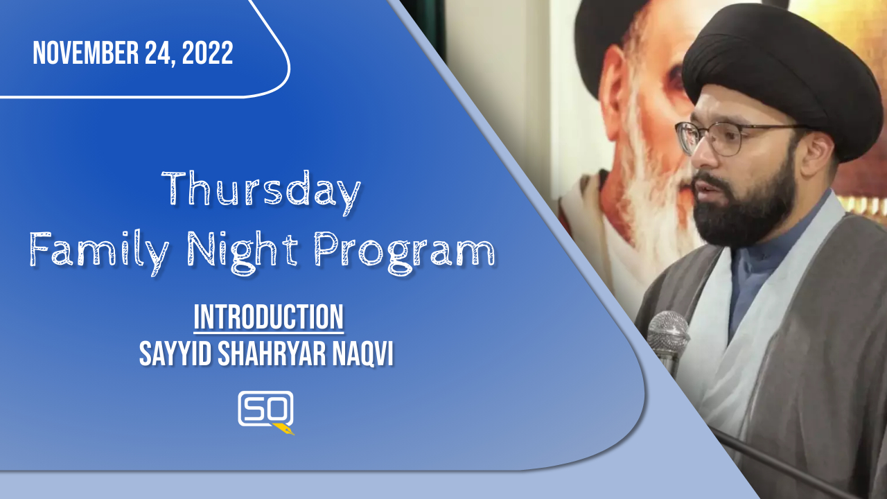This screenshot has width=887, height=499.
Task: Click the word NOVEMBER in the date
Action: (x=85, y=53)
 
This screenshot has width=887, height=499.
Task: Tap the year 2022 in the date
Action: (x=207, y=53)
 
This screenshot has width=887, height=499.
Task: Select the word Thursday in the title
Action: (x=261, y=192)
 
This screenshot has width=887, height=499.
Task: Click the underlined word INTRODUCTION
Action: (x=268, y=317)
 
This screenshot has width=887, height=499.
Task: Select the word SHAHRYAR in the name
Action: (x=272, y=353)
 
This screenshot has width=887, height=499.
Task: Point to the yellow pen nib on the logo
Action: (x=284, y=429)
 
